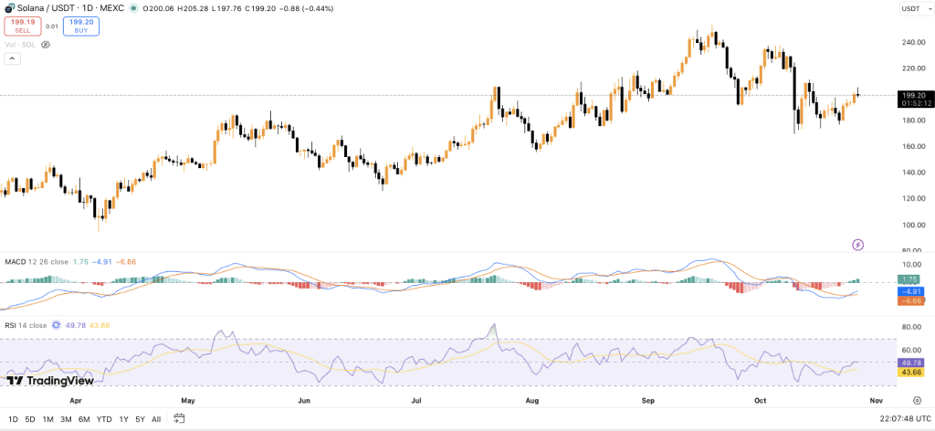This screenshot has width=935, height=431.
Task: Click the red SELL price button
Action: tap(23, 26)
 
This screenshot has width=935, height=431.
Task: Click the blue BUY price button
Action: tap(80, 26)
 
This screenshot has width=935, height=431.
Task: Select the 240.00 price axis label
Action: tap(908, 42)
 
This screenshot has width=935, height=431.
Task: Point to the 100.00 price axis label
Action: tap(908, 225)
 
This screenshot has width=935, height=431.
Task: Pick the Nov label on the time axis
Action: tap(877, 400)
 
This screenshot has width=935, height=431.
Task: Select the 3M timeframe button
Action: tap(65, 419)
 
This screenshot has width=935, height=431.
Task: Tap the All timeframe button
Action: tap(156, 419)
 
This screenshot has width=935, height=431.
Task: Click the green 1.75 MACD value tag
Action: tap(909, 279)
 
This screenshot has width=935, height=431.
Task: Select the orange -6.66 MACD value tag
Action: tap(909, 300)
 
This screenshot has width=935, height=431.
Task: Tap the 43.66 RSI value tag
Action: tap(909, 373)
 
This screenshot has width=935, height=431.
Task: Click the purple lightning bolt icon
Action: tap(858, 244)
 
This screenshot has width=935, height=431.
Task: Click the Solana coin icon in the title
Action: tap(7, 8)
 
